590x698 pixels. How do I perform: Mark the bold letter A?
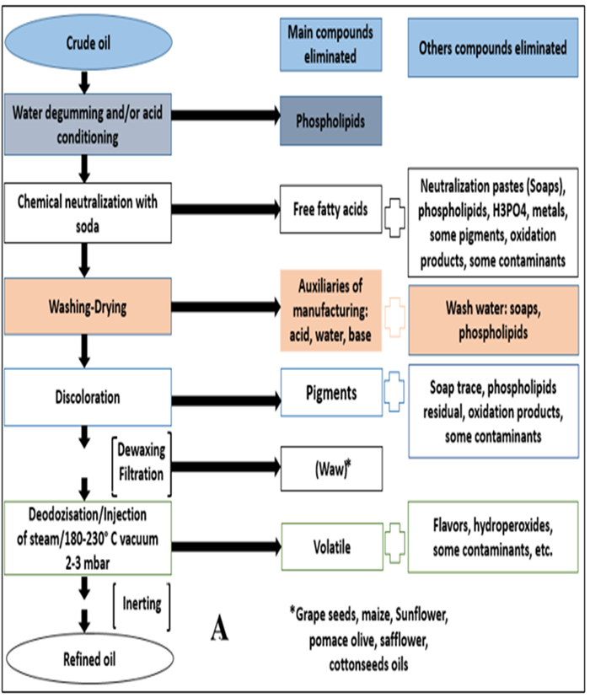click(223, 629)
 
